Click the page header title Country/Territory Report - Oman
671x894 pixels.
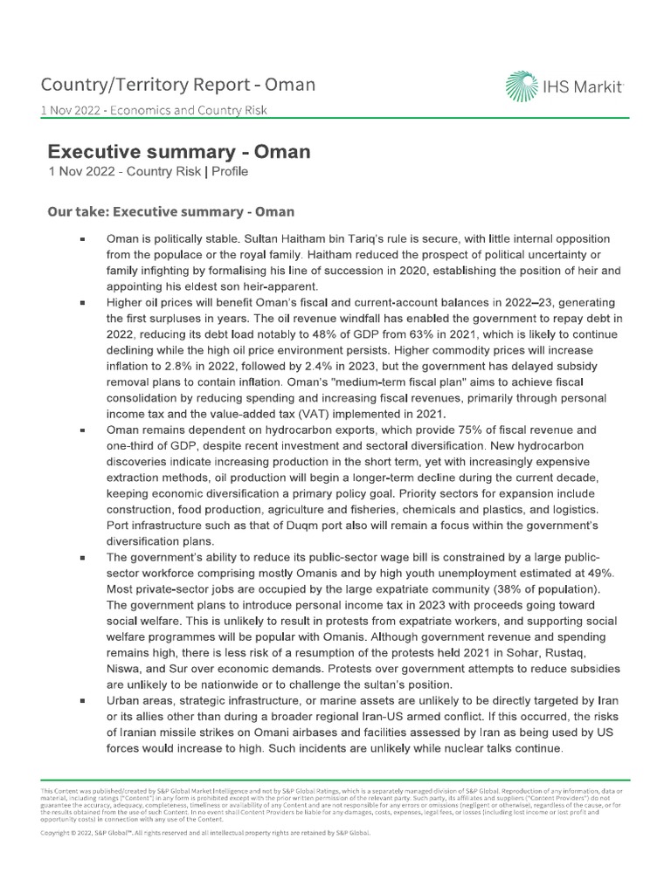point(179,85)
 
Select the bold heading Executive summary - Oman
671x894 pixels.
point(178,151)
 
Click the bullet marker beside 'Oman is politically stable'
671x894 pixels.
point(81,239)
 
